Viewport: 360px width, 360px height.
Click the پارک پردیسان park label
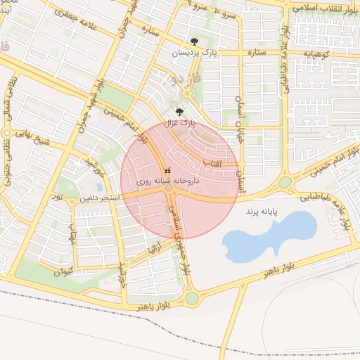(194, 53)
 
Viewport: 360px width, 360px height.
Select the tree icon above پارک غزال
(180, 111)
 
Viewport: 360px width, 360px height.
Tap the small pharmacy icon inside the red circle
(167, 171)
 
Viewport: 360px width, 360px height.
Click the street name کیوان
(65, 270)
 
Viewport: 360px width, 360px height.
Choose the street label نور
(58, 198)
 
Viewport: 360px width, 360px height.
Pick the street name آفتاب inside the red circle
(212, 163)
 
